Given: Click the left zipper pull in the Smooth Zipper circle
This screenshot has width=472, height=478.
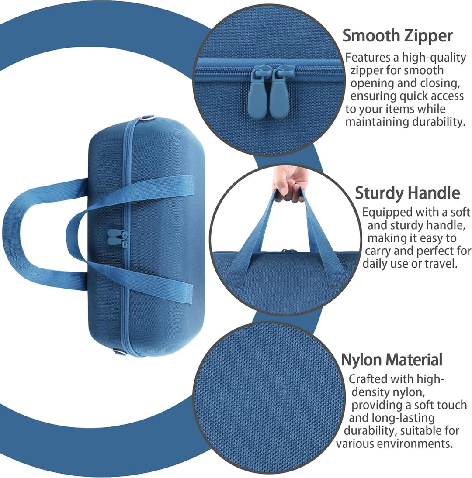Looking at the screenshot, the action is [258, 93].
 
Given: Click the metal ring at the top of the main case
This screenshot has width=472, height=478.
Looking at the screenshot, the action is [148, 118].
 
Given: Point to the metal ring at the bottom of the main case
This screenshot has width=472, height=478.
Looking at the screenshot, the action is [119, 352].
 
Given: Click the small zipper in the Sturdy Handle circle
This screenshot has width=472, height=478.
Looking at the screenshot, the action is [289, 251].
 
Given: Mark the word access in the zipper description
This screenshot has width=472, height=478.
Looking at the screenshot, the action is [447, 96].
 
